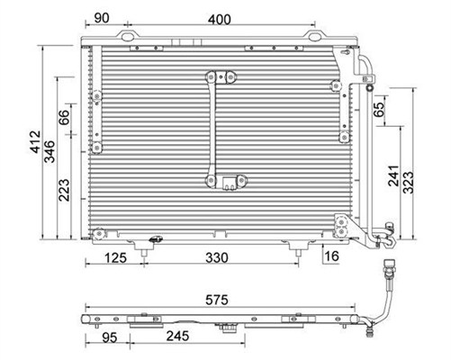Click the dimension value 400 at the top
pyautogui.click(x=220, y=20)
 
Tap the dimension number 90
pyautogui.click(x=102, y=18)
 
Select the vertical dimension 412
pyautogui.click(x=35, y=141)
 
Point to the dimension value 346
pyautogui.click(x=50, y=151)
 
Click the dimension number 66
pyautogui.click(x=64, y=118)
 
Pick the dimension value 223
pyautogui.click(x=64, y=190)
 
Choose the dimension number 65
pyautogui.click(x=379, y=109)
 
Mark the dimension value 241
pyautogui.click(x=393, y=175)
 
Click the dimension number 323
pyautogui.click(x=408, y=183)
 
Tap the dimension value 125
pyautogui.click(x=116, y=257)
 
